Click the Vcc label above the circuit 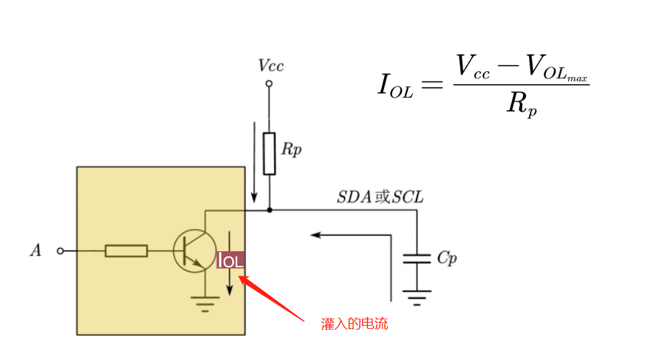pyautogui.click(x=271, y=66)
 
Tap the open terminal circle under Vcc pyautogui.click(x=269, y=83)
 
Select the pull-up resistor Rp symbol pyautogui.click(x=269, y=154)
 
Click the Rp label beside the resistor pyautogui.click(x=291, y=149)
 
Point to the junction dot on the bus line pyautogui.click(x=270, y=210)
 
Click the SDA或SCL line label pyautogui.click(x=380, y=197)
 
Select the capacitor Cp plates pyautogui.click(x=417, y=258)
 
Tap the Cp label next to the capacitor pyautogui.click(x=447, y=258)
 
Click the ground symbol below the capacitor pyautogui.click(x=417, y=298)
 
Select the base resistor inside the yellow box pyautogui.click(x=126, y=251)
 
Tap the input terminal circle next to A pyautogui.click(x=60, y=251)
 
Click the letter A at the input pyautogui.click(x=36, y=250)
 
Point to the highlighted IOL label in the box pyautogui.click(x=230, y=260)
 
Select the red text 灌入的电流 pyautogui.click(x=354, y=324)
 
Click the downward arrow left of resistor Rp pyautogui.click(x=254, y=162)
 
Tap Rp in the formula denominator pyautogui.click(x=522, y=104)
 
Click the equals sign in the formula pyautogui.click(x=432, y=84)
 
